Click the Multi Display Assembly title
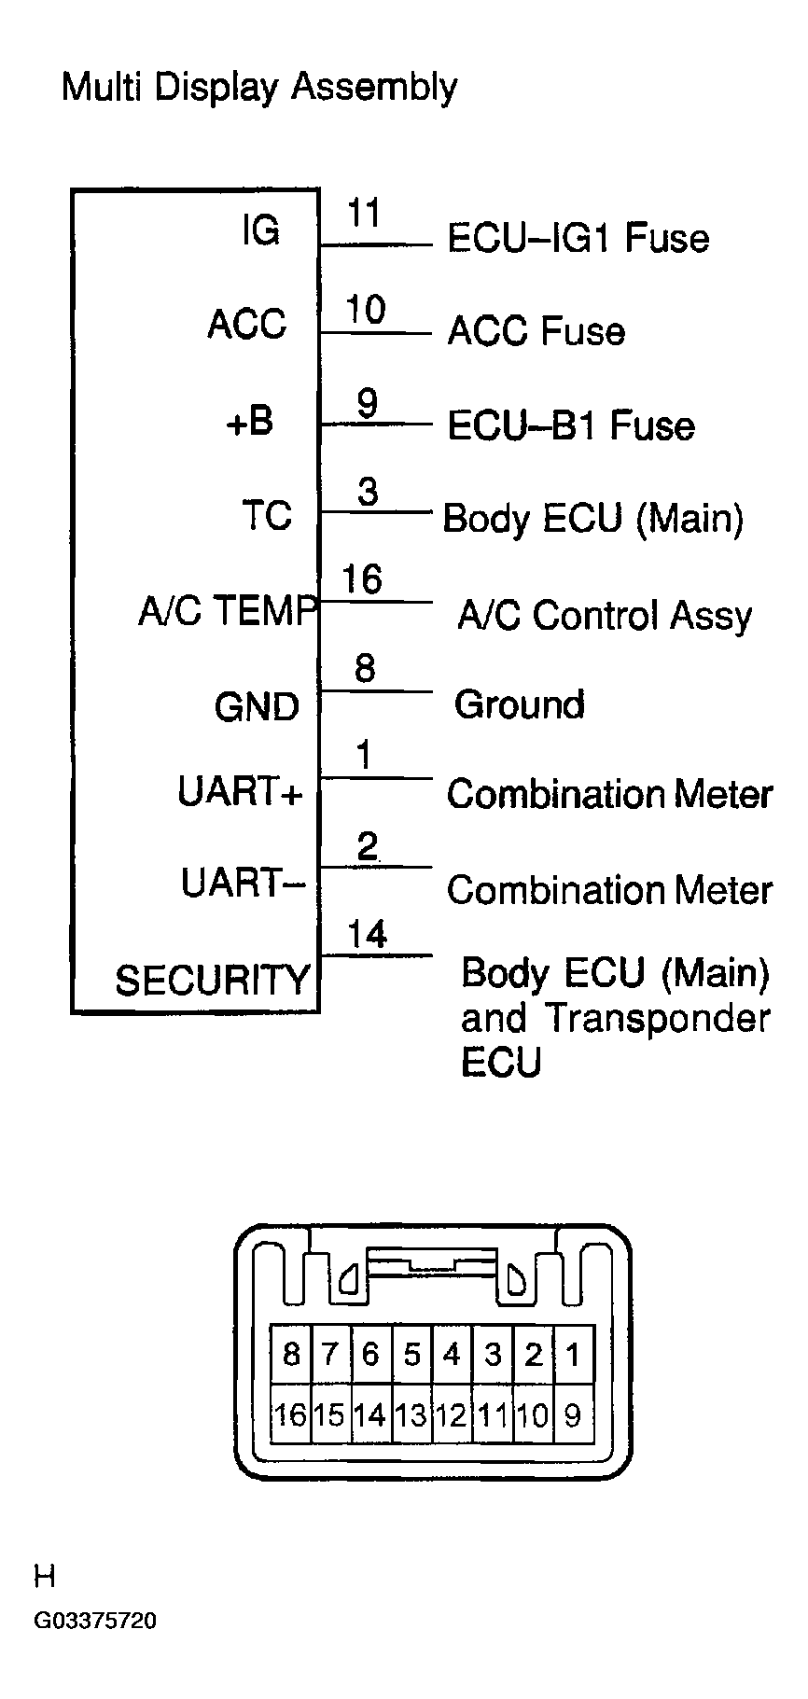(x=258, y=88)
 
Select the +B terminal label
(x=249, y=422)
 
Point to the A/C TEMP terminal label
(x=228, y=611)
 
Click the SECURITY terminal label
(x=212, y=980)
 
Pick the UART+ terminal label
(x=240, y=792)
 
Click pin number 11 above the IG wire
(x=365, y=214)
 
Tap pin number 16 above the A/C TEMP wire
(x=362, y=579)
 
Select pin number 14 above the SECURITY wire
(x=367, y=934)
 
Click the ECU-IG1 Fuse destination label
(x=578, y=238)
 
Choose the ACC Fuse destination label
(x=536, y=331)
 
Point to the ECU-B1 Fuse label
(x=571, y=425)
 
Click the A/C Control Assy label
(x=605, y=616)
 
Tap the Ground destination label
(x=519, y=703)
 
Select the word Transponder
(x=657, y=1018)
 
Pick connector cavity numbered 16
(x=290, y=1414)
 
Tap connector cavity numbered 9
(x=573, y=1414)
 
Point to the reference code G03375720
(x=95, y=1621)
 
